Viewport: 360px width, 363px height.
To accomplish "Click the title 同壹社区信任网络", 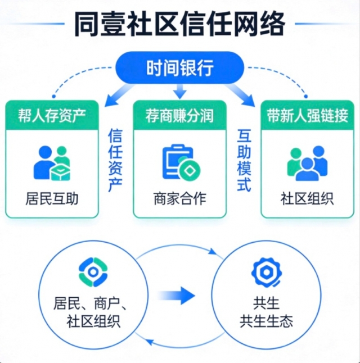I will [179, 25].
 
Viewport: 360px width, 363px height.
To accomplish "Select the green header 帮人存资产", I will [53, 116].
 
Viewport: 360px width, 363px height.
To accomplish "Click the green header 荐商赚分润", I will [179, 116].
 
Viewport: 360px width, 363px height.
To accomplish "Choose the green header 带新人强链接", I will [308, 116].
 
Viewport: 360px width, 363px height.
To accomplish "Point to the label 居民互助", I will [53, 198].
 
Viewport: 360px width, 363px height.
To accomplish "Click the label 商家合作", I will [179, 198].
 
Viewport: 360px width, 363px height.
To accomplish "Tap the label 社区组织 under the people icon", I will [308, 198].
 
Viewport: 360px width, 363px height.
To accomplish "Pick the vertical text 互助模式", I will [244, 160].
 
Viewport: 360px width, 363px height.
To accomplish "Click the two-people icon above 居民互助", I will [52, 164].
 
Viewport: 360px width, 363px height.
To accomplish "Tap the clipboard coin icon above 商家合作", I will [180, 163].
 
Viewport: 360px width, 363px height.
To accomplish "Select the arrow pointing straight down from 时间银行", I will [179, 90].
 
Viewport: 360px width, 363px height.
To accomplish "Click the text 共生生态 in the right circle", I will [266, 321].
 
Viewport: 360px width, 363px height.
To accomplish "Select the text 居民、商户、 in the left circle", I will [92, 304].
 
